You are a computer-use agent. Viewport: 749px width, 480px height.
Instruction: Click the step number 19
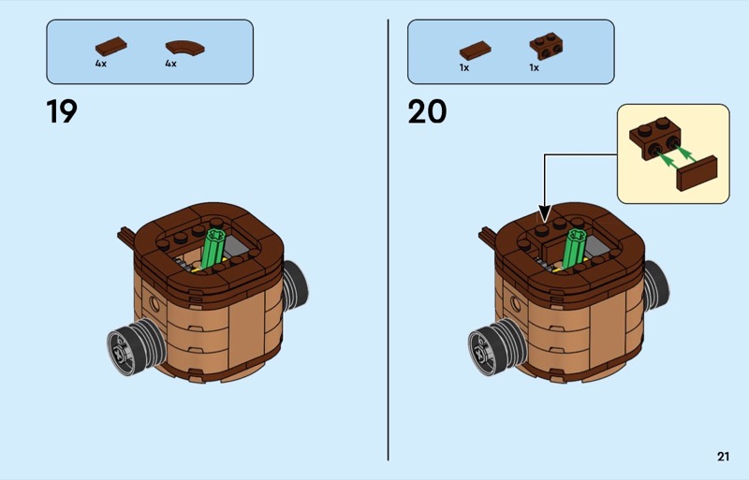coord(62,111)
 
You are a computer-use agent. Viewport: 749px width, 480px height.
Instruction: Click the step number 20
coord(427,111)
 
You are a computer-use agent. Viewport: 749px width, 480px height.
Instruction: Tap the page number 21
coord(723,457)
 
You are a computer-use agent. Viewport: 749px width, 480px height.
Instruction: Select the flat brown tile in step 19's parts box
coord(110,47)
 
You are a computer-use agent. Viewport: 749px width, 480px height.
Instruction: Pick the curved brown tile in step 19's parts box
coord(184,48)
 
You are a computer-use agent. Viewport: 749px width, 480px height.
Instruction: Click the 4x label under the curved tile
coord(170,64)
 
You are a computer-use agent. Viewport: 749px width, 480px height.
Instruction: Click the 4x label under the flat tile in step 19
coord(101,64)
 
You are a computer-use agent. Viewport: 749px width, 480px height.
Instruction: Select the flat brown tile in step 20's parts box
coord(476,51)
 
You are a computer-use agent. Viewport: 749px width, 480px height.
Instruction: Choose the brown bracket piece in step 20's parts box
coord(546,46)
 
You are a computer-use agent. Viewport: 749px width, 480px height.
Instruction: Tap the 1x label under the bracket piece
coord(534,67)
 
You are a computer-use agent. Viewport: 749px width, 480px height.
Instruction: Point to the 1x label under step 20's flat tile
coord(464,67)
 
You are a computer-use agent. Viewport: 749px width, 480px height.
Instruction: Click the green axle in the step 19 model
coord(213,249)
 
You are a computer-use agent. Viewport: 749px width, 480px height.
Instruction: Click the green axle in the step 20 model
coord(575,249)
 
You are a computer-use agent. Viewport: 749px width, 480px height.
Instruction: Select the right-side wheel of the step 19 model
coord(295,284)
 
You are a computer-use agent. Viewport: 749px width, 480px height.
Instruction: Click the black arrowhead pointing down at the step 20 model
coord(545,213)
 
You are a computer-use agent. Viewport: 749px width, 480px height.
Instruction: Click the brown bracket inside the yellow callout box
coord(654,138)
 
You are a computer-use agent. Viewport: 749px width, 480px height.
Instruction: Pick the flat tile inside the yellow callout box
coord(698,173)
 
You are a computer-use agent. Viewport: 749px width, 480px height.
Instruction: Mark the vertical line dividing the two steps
coord(388,240)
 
